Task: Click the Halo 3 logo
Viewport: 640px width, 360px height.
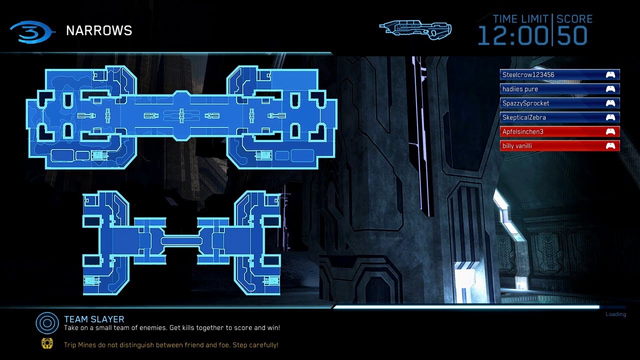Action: point(31,32)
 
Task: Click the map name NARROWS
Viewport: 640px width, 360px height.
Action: point(99,30)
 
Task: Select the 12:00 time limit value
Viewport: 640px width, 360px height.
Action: point(513,36)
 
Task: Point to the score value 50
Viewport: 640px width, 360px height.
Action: point(572,36)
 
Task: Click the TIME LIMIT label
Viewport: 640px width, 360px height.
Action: point(520,19)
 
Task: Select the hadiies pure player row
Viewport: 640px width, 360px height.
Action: point(559,89)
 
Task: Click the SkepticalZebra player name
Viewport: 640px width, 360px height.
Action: point(524,117)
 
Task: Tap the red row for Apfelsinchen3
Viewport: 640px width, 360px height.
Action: point(559,131)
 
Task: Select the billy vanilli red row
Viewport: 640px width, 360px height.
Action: point(559,145)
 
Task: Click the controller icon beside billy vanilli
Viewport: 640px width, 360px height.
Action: point(610,146)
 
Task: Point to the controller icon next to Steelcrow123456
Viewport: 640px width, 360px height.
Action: point(610,75)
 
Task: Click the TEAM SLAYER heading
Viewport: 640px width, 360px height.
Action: point(94,319)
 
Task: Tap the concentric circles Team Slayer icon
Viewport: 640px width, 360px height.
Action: point(47,323)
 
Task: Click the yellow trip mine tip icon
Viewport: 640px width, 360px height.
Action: point(47,343)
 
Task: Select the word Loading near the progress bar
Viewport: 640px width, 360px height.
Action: point(615,314)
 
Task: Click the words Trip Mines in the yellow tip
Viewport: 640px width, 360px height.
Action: point(80,345)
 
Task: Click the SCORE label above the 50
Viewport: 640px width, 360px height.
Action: point(574,19)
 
